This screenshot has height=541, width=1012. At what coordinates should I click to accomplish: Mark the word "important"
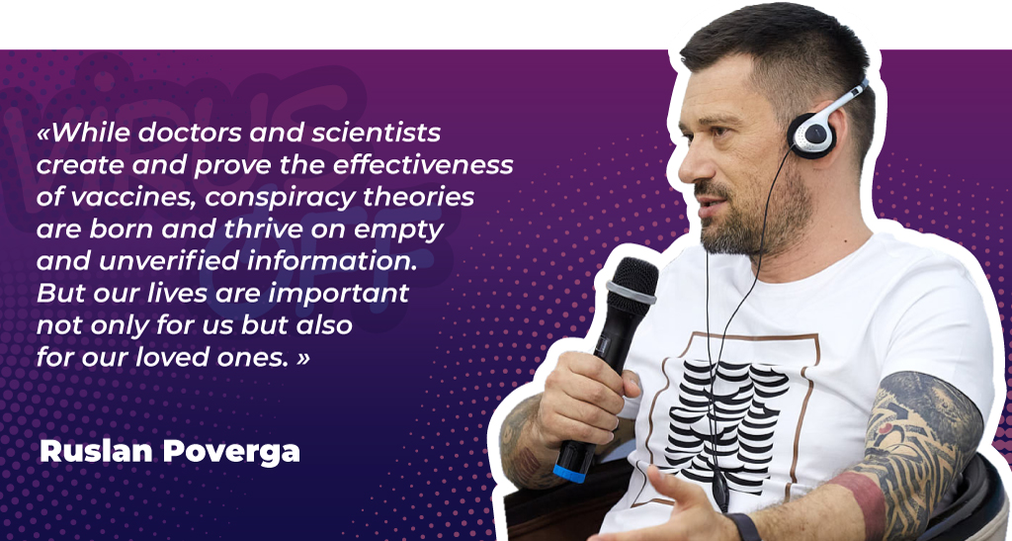(339, 294)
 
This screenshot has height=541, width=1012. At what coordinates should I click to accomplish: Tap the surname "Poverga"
(231, 451)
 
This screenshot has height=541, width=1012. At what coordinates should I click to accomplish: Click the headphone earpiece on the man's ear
(812, 135)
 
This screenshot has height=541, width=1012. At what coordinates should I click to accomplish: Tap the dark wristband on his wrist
(742, 527)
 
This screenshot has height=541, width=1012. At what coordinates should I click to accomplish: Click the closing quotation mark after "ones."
(302, 359)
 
